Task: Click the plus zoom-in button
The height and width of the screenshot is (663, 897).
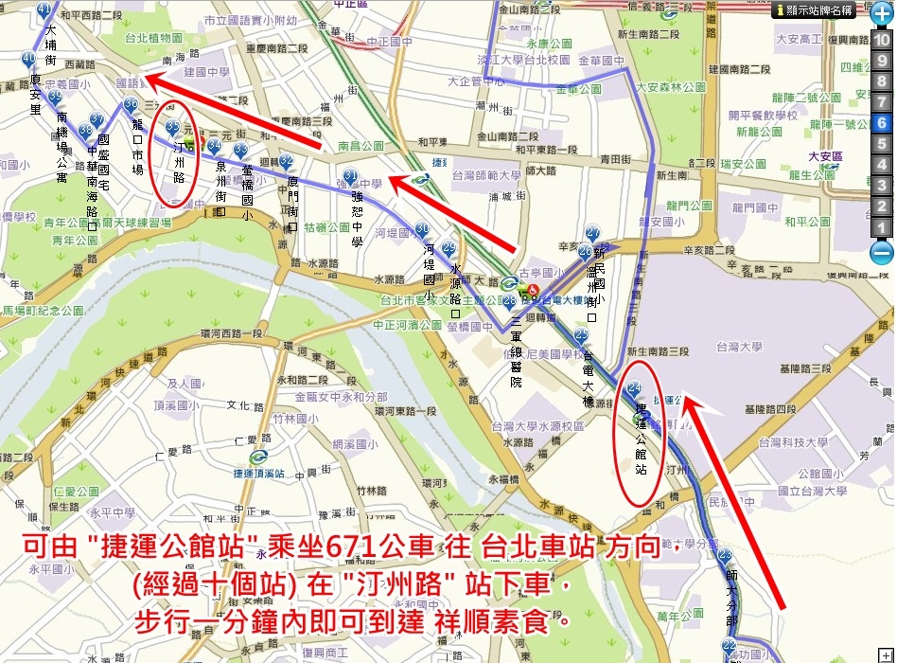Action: [x=881, y=17]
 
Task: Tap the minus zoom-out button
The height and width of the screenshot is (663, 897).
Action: [x=881, y=253]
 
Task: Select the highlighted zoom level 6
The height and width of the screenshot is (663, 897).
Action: [x=881, y=122]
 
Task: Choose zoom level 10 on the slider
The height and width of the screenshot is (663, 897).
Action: [x=881, y=40]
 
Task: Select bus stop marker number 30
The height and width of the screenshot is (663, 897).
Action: [x=422, y=229]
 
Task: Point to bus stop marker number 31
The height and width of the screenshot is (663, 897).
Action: [x=350, y=177]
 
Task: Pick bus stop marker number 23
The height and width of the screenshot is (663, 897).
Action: [x=726, y=555]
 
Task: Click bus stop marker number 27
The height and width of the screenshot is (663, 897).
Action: [x=593, y=233]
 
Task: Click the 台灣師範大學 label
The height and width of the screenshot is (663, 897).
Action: [x=487, y=174]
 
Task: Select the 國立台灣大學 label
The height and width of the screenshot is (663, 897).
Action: [x=812, y=492]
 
